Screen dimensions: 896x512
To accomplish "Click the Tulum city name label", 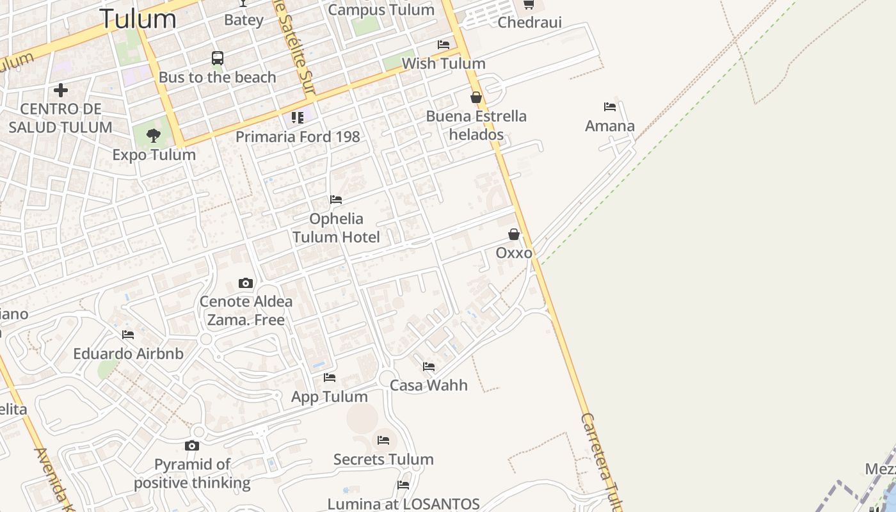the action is [138, 19].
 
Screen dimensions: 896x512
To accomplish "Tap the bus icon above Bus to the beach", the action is [218, 58].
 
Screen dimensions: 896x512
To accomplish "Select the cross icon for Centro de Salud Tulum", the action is [61, 90].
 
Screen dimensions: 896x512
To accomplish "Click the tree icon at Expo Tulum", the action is [153, 135].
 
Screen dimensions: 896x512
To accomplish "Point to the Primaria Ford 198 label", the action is [298, 136].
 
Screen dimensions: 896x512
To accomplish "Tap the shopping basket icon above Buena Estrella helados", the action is [476, 97].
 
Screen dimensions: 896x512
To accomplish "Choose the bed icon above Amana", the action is [610, 107].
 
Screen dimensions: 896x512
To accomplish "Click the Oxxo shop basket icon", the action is [514, 234].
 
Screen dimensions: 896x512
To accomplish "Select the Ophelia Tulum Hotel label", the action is [336, 228].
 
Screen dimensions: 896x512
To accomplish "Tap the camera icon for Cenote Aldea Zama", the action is [246, 283].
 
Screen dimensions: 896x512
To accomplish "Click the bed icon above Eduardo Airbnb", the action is [128, 334].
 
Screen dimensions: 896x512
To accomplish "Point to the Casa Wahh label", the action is [429, 385].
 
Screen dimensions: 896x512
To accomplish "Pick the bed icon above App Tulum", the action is [330, 378].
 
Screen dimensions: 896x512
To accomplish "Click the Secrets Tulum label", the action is [383, 459].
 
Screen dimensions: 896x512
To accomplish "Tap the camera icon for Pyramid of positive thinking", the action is [192, 446].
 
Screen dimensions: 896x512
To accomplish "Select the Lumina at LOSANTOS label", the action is [403, 504].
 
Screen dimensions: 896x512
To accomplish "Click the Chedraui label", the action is [529, 22].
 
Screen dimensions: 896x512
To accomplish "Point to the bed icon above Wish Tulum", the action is [444, 45].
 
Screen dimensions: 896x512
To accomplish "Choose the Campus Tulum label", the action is [381, 10].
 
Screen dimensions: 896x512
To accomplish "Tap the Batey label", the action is [244, 20].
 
